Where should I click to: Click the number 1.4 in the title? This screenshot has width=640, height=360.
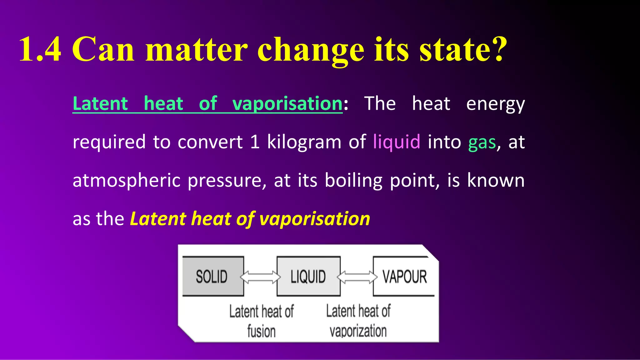(x=40, y=49)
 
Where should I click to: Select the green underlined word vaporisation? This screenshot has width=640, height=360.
(x=287, y=104)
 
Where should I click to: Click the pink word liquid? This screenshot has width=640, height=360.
(x=397, y=142)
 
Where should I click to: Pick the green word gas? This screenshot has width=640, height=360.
(x=482, y=142)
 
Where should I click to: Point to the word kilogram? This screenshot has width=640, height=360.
(x=304, y=142)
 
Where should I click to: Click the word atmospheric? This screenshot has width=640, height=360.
(x=127, y=181)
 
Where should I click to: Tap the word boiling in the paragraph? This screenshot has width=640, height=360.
(x=353, y=181)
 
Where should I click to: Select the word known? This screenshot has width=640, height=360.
(x=496, y=180)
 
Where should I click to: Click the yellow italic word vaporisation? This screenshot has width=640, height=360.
(x=315, y=219)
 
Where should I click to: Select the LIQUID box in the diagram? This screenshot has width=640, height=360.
(x=308, y=277)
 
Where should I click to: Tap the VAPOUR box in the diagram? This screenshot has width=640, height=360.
(x=404, y=277)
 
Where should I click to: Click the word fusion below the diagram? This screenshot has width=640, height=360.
(x=261, y=331)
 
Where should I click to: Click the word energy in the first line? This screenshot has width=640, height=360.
(x=495, y=104)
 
